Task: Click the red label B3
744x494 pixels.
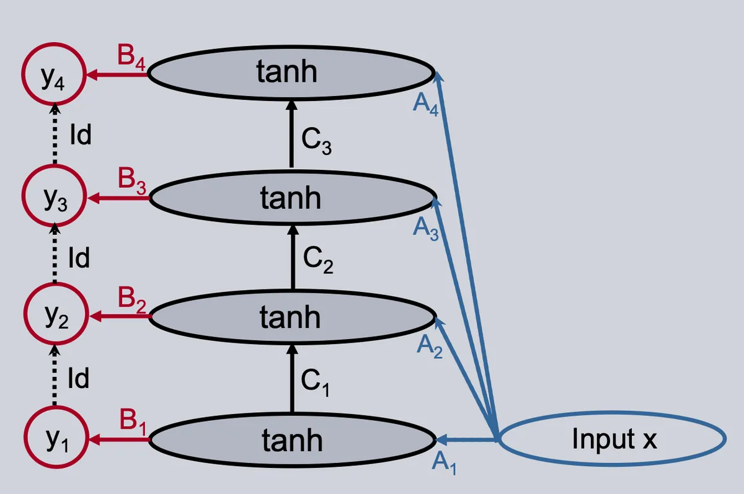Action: pos(132,181)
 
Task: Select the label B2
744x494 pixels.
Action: pos(132,300)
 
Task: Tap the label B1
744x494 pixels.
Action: pos(133,422)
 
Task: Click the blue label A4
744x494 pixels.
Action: pos(425,104)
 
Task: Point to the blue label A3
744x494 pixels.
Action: pos(425,229)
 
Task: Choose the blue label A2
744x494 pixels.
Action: pos(430,346)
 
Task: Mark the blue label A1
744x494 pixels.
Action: pos(444,463)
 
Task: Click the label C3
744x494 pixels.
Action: pos(316,141)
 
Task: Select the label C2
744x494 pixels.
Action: pos(318,260)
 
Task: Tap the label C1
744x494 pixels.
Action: pos(315,383)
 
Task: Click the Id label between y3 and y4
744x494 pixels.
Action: pos(81,135)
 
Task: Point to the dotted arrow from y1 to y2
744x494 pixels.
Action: pos(55,376)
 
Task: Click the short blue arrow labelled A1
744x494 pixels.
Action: pos(466,439)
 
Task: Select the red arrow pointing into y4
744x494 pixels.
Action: pos(117,74)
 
